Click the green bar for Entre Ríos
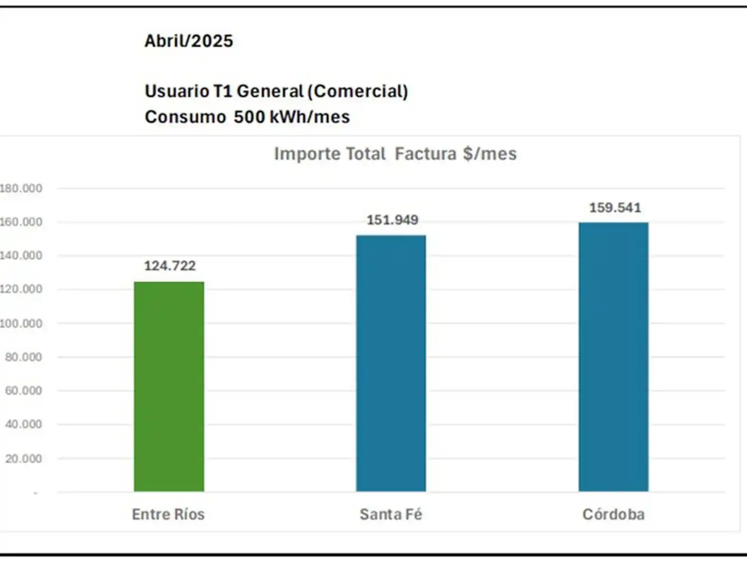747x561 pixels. coord(169,386)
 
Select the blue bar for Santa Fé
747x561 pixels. coord(391,363)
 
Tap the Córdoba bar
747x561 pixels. coord(614,357)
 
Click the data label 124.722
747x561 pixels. coord(170,266)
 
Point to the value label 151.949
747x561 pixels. coord(392,220)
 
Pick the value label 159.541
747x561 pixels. coord(615,207)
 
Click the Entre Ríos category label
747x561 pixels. coord(168,514)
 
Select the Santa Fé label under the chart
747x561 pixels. coord(391,514)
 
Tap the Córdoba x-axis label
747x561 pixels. coord(614,514)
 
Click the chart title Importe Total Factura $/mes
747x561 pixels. coord(395,154)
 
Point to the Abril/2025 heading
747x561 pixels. coord(189,41)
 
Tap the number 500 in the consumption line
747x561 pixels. coord(249,117)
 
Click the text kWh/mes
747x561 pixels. coord(310,117)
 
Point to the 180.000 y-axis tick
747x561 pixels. coord(21,188)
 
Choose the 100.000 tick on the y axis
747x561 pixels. coord(21,324)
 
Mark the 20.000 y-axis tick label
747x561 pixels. coord(23,459)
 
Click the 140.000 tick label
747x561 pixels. coord(21,256)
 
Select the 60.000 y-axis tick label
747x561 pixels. coord(23,390)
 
